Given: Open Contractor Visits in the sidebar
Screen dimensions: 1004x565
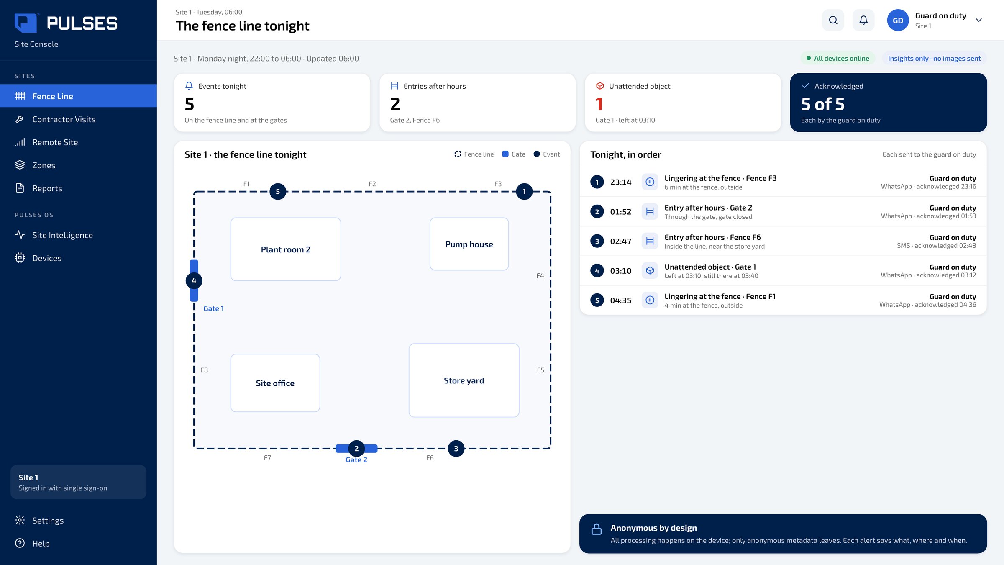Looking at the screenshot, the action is (x=64, y=119).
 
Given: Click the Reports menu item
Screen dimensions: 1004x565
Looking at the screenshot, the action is (x=47, y=188).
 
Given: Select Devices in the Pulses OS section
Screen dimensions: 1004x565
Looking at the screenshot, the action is (x=47, y=258).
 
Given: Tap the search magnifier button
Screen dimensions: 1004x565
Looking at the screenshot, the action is (x=833, y=20).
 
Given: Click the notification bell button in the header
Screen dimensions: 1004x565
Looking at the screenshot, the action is (x=863, y=20).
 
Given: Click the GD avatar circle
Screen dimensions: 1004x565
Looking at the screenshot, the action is (x=898, y=20).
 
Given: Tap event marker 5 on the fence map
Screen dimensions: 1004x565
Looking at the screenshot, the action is (x=278, y=192).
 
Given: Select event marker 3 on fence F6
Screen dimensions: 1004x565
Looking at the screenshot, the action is (x=456, y=449).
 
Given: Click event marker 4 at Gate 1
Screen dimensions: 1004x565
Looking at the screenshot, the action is (x=194, y=281).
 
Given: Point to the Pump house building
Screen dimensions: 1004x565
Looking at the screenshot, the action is (x=469, y=244).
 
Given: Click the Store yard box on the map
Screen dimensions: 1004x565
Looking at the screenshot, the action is (x=464, y=380).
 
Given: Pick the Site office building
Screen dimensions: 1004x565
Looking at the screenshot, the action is (x=275, y=383).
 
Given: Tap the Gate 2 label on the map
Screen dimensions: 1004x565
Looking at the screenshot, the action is (x=356, y=460).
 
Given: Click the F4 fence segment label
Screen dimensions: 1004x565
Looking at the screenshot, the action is (x=540, y=276).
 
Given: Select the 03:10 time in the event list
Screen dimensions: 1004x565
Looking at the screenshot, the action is (x=620, y=271).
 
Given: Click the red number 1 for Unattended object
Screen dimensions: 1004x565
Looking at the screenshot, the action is (x=599, y=104).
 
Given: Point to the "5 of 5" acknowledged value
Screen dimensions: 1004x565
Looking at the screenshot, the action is (x=822, y=104).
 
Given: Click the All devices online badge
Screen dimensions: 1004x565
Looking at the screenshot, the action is (x=838, y=58).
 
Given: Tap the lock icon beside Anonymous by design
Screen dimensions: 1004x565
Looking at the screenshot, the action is (x=597, y=529).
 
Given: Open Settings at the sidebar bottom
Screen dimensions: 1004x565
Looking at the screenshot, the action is (x=48, y=520).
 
